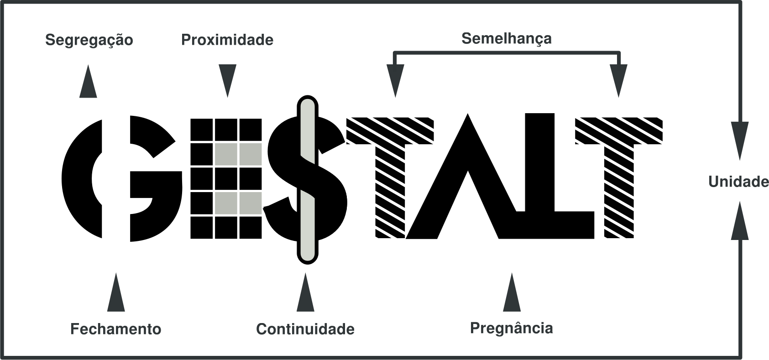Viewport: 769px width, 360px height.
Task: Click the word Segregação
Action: [89, 41]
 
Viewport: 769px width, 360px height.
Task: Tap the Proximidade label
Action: [227, 40]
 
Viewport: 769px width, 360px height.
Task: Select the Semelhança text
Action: [506, 39]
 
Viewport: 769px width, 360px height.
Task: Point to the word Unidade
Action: [738, 183]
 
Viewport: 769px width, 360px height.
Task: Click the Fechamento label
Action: [115, 329]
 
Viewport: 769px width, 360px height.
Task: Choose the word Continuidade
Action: [305, 329]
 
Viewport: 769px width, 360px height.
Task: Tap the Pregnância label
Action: [512, 328]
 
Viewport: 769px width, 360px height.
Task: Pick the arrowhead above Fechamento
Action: [115, 294]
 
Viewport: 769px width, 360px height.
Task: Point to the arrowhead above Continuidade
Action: [305, 294]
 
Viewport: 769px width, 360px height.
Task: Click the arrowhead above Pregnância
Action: [512, 294]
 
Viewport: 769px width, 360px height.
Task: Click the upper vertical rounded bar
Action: [308, 130]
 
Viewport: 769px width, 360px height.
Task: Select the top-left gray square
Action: [226, 154]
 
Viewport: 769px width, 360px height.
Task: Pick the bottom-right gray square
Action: [251, 203]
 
